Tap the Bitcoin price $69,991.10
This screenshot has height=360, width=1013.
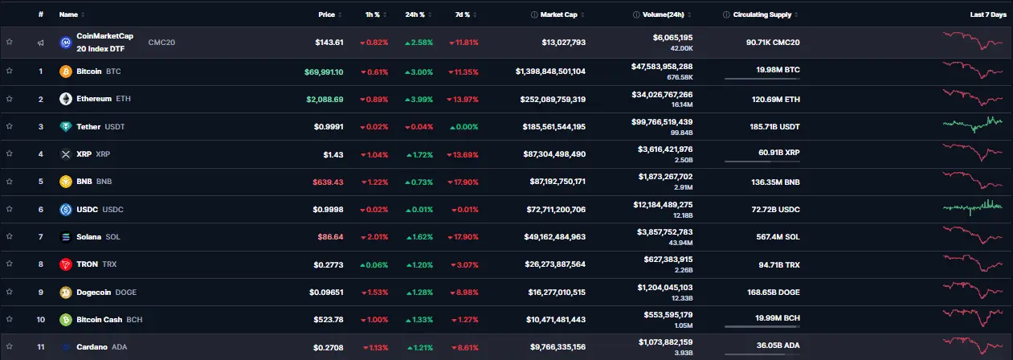pos(325,72)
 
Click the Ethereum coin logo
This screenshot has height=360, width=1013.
pos(66,99)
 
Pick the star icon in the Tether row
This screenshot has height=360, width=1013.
pos(10,126)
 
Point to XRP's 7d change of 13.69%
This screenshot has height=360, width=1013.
pos(464,154)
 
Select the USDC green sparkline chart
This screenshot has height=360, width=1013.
pos(973,207)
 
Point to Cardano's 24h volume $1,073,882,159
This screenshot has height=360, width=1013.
pos(664,342)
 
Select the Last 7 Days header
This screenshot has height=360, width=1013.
pos(986,14)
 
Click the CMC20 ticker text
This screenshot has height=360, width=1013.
pos(161,42)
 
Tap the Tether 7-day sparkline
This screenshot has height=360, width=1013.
pos(973,125)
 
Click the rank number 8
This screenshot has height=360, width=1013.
pos(40,264)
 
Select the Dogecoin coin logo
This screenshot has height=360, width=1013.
pos(66,292)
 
